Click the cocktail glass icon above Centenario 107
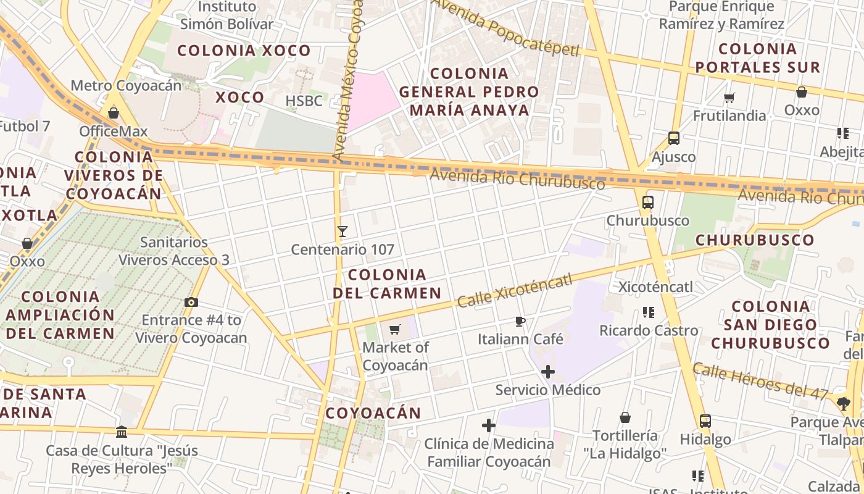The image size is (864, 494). (343, 232)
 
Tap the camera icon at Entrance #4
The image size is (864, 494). (191, 302)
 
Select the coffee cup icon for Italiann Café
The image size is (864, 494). (520, 321)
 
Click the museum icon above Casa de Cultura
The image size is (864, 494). (122, 432)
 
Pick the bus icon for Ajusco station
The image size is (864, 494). (674, 138)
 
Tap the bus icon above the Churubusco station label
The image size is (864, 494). (647, 203)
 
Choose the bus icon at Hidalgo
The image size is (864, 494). (705, 421)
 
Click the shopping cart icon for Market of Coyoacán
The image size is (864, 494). (395, 329)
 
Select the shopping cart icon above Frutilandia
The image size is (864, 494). (729, 98)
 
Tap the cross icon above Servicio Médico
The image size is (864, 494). (547, 372)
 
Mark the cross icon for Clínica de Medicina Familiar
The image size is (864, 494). (489, 425)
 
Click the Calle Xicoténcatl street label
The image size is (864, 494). (515, 291)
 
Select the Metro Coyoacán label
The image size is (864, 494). (126, 85)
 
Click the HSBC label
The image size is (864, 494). (304, 101)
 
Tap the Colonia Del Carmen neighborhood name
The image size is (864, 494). (387, 283)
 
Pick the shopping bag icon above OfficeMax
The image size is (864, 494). (113, 113)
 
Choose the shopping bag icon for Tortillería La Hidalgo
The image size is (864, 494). (625, 417)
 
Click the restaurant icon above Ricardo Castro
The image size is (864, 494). (648, 312)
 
